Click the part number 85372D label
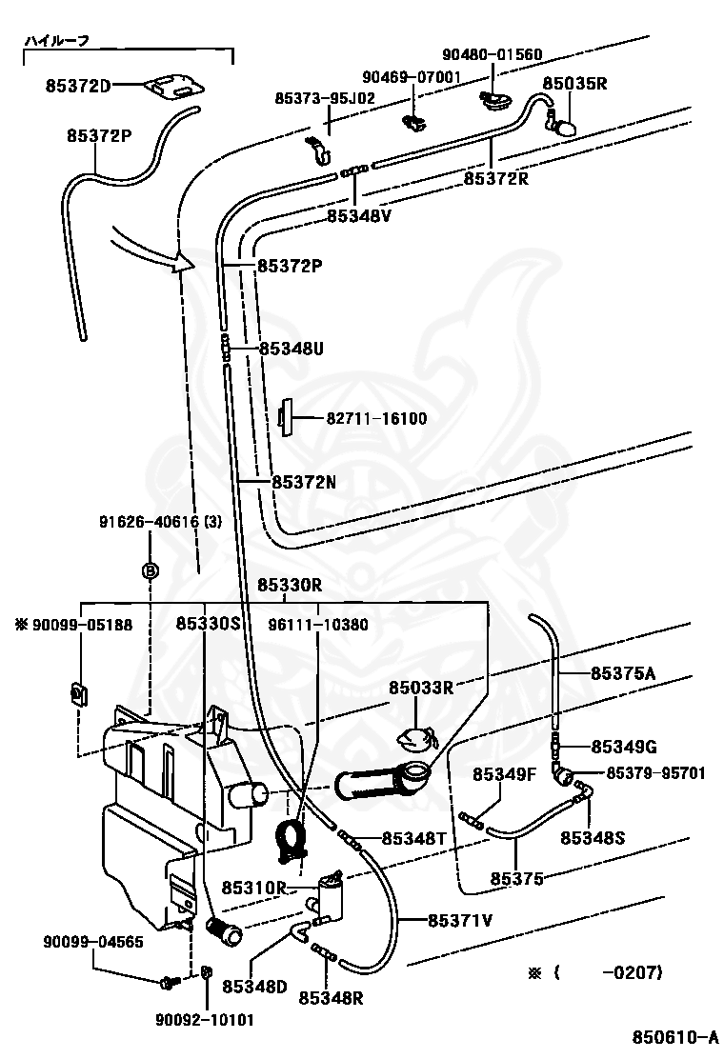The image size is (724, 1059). (x=78, y=86)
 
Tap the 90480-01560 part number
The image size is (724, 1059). (x=492, y=54)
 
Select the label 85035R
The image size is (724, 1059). (x=574, y=83)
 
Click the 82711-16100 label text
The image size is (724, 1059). (x=376, y=419)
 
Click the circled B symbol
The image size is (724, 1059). (x=150, y=571)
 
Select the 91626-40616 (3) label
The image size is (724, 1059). (x=160, y=522)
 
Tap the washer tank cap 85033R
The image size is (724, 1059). (x=414, y=739)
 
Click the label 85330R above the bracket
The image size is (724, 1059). (x=289, y=585)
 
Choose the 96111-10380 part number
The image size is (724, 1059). (x=317, y=625)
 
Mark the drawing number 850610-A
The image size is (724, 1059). (x=674, y=1037)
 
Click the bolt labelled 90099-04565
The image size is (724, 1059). (x=170, y=982)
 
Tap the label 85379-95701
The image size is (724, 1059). (x=655, y=773)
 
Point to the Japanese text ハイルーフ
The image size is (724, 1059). (x=57, y=41)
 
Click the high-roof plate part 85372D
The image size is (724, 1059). (x=173, y=85)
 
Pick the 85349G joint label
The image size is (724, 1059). (x=623, y=747)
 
